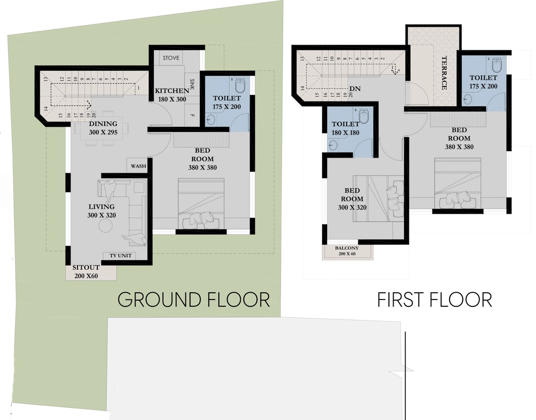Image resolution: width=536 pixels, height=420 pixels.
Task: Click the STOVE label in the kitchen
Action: pyautogui.click(x=171, y=58)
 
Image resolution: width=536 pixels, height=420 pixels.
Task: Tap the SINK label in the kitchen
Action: pyautogui.click(x=192, y=84)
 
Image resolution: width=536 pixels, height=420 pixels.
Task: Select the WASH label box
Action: pyautogui.click(x=138, y=166)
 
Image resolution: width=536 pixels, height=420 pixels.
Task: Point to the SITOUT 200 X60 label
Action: pyautogui.click(x=86, y=272)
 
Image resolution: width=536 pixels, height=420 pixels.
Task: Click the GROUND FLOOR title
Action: pyautogui.click(x=194, y=300)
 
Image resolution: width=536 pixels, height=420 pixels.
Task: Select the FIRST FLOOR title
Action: pyautogui.click(x=434, y=300)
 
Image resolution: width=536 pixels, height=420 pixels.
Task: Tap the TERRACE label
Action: pyautogui.click(x=444, y=73)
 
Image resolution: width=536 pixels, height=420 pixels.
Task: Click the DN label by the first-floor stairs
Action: pyautogui.click(x=355, y=89)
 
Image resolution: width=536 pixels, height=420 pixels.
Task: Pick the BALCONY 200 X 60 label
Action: pyautogui.click(x=347, y=251)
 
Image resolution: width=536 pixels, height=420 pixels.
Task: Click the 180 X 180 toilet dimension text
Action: pyautogui.click(x=345, y=132)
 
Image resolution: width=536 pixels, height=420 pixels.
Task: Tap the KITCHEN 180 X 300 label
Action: pyautogui.click(x=172, y=95)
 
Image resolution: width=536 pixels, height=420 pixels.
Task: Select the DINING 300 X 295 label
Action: pyautogui.click(x=103, y=128)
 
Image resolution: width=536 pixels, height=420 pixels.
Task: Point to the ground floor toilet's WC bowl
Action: pyautogui.click(x=242, y=85)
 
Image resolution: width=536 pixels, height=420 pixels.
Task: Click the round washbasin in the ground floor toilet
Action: pyautogui.click(x=212, y=120)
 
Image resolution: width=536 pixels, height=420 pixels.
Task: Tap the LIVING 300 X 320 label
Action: pyautogui.click(x=102, y=211)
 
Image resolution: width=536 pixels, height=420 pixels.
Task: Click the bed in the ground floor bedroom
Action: pyautogui.click(x=202, y=204)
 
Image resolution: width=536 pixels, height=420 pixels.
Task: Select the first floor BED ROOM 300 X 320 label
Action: pyautogui.click(x=352, y=198)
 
